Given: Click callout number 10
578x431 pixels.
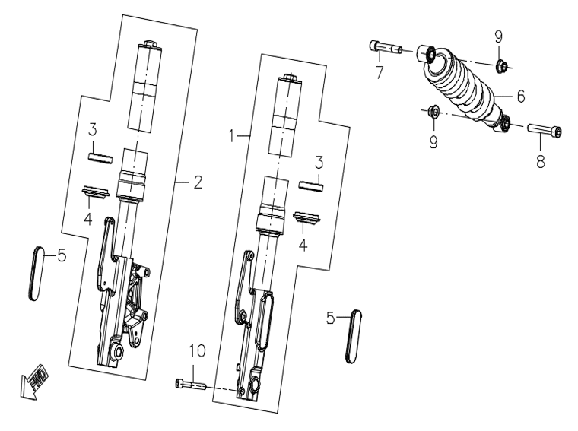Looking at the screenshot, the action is (197, 351).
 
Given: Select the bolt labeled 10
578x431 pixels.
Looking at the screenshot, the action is (190, 384).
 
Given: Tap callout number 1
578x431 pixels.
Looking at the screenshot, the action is (231, 136).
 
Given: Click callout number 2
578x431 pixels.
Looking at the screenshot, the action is (198, 182).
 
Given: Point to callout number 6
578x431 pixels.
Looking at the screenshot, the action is (520, 96).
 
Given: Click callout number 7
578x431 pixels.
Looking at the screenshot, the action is (380, 72).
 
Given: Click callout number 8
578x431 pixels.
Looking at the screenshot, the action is (541, 161).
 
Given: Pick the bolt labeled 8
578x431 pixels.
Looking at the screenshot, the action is (545, 131).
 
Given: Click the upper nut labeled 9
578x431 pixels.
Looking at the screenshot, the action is (502, 66).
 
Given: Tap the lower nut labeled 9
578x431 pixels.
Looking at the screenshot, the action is (433, 111).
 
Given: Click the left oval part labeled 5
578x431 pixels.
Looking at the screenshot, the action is (36, 273).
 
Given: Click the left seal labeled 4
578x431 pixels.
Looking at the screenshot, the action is (96, 192).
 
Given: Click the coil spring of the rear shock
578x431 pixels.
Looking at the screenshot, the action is (462, 87).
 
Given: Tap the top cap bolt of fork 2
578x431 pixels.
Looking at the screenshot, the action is (149, 44).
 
